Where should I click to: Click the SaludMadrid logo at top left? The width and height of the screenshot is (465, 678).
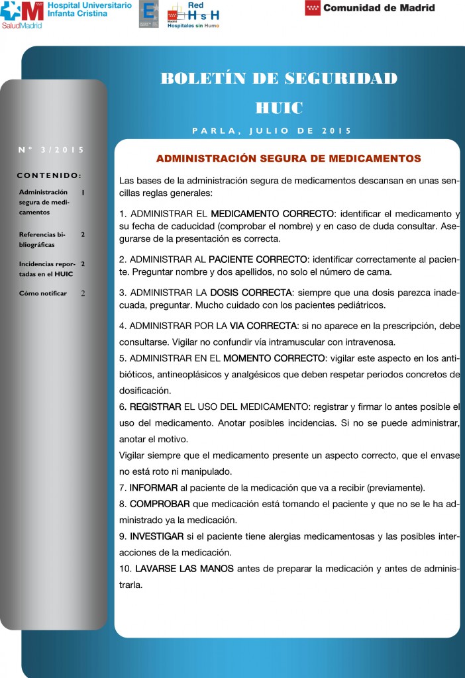(x=22, y=14)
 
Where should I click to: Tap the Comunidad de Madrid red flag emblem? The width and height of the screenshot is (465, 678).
(x=313, y=8)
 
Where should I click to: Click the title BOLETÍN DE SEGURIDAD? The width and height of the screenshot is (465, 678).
(x=279, y=79)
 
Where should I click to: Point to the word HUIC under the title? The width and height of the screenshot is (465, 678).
(x=279, y=107)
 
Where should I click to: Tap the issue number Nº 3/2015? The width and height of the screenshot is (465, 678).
(x=52, y=150)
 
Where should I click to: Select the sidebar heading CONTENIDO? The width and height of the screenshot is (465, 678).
(x=49, y=175)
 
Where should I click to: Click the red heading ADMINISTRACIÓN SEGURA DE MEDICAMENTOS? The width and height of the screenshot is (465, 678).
(x=288, y=159)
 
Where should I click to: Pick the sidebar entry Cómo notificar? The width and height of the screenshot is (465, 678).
(x=43, y=293)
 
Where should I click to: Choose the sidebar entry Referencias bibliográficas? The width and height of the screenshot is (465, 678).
(x=43, y=239)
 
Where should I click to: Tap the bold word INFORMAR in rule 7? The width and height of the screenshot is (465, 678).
(x=154, y=488)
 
